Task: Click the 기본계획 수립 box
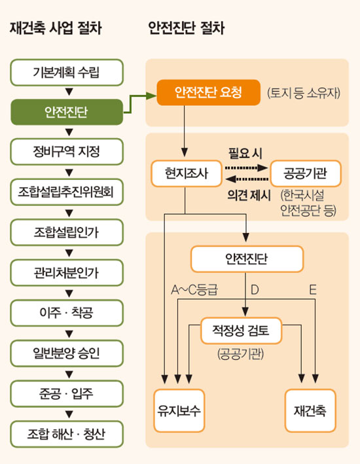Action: point(67,73)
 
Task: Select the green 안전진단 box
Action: point(67,112)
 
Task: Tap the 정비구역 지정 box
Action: point(67,152)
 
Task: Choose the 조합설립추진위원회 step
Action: point(67,192)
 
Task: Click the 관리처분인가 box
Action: point(67,273)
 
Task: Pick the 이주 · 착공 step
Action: point(67,313)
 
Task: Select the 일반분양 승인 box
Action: point(67,353)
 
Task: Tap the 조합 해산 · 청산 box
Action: point(67,434)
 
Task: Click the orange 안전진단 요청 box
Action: point(208,92)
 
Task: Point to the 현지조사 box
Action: point(187,173)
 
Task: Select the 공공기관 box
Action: point(306,173)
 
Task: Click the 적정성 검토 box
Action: point(241,330)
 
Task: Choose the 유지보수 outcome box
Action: point(179,411)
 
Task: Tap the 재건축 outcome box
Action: point(310,411)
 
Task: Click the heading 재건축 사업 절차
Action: point(56,28)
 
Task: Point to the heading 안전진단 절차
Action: point(186,28)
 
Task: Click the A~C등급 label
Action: point(194,290)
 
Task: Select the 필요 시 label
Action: point(245,153)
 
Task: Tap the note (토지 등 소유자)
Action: point(304,93)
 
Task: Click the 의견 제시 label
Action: point(249,195)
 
